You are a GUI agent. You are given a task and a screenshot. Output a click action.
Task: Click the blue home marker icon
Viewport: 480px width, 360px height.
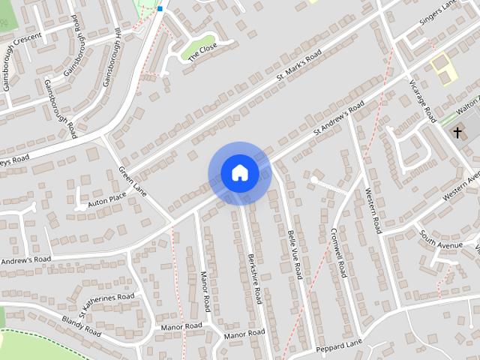pyautogui.click(x=239, y=173)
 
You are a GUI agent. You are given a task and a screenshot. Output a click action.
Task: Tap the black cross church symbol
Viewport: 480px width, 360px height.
pyautogui.click(x=457, y=133)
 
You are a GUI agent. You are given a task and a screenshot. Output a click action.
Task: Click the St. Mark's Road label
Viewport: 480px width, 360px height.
pyautogui.click(x=298, y=67)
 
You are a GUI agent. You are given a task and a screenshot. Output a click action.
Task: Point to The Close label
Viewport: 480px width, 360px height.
pyautogui.click(x=202, y=52)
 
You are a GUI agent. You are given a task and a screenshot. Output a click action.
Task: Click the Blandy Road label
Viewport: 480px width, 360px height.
pyautogui.click(x=82, y=325)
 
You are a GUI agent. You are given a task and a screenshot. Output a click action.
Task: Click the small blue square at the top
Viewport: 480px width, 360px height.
pyautogui.click(x=160, y=9)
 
